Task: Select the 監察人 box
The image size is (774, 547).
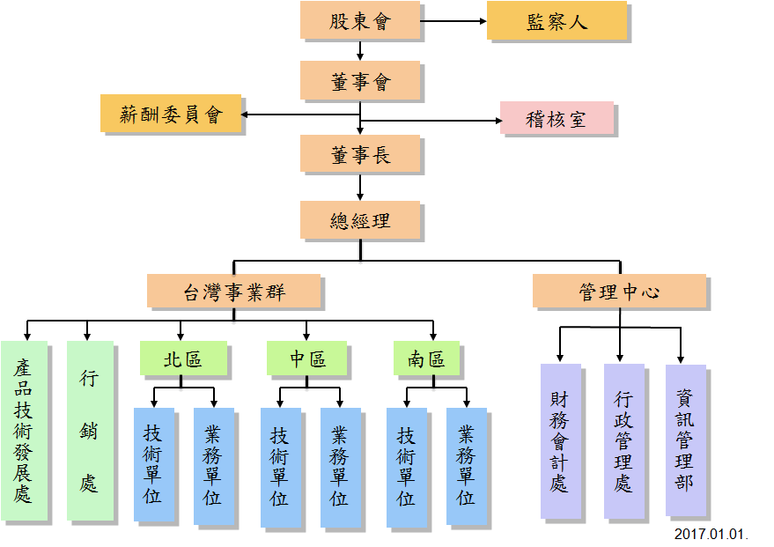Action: pyautogui.click(x=556, y=21)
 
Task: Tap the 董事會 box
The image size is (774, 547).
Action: pyautogui.click(x=359, y=81)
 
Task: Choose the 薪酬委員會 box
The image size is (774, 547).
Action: pyautogui.click(x=171, y=114)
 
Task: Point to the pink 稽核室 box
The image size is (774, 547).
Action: pyautogui.click(x=556, y=119)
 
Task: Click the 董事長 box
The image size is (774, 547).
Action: pyautogui.click(x=359, y=154)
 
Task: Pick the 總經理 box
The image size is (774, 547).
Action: pyautogui.click(x=359, y=220)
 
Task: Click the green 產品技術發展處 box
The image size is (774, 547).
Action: pyautogui.click(x=24, y=431)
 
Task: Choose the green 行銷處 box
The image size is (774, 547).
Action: pyautogui.click(x=89, y=431)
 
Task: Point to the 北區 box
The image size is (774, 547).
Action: pyautogui.click(x=183, y=359)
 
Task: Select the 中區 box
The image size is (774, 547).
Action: pyautogui.click(x=307, y=359)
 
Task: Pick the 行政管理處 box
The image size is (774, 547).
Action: pyautogui.click(x=623, y=441)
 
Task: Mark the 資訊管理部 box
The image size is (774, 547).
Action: pyautogui.click(x=685, y=440)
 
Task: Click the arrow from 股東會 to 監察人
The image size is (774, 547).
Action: pyautogui.click(x=453, y=21)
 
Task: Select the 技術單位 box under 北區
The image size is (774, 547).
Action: pyautogui.click(x=154, y=464)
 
